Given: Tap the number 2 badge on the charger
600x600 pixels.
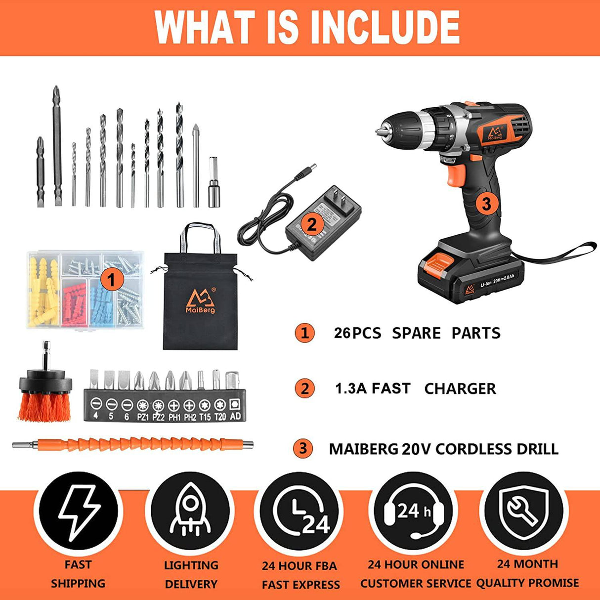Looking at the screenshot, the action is click(312, 224).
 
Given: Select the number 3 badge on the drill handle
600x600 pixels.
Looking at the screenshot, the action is click(486, 204).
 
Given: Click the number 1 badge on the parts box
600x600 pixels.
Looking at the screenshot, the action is click(112, 280).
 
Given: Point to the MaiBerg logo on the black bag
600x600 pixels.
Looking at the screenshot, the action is click(201, 300).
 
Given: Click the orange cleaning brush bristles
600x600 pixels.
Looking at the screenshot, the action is click(45, 406).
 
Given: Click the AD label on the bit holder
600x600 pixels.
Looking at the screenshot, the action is click(235, 416).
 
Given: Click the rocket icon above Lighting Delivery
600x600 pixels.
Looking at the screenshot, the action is click(190, 510).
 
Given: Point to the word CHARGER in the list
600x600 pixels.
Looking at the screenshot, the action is click(460, 389).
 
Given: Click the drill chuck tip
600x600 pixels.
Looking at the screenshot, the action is click(378, 132).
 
